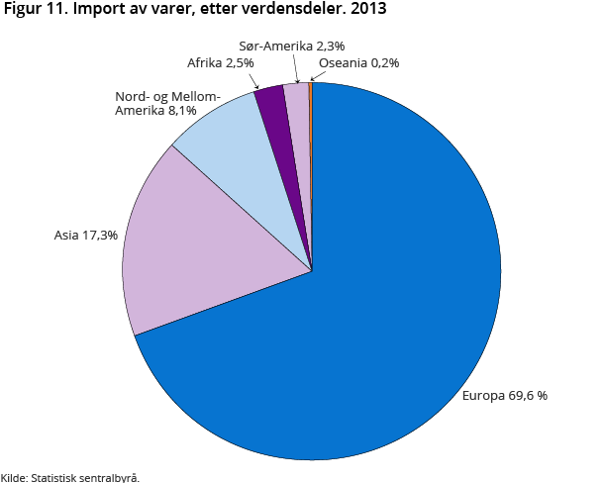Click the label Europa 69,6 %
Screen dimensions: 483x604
coord(504,396)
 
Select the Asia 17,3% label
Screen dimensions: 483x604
coord(86,236)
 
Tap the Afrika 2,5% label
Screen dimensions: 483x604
coord(220,63)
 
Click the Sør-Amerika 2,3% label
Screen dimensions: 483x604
coord(292,46)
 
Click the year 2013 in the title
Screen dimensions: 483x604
coord(367,11)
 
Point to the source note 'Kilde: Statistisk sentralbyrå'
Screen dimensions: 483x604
coord(69,477)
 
